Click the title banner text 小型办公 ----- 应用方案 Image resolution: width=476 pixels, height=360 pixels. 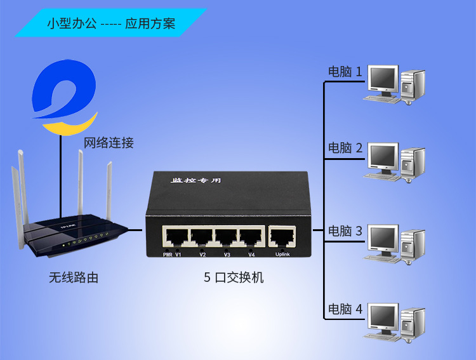[x=111, y=24]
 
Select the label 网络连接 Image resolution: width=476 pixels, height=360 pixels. [x=109, y=143]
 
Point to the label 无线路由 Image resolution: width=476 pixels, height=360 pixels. [x=74, y=277]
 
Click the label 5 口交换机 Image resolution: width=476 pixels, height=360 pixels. [x=234, y=277]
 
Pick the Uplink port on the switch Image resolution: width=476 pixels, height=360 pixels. [x=282, y=238]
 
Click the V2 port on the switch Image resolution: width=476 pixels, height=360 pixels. [x=202, y=238]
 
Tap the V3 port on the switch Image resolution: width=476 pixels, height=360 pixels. [x=227, y=238]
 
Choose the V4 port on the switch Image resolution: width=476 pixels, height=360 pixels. [x=251, y=238]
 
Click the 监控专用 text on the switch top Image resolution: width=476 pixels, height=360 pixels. [x=197, y=181]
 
